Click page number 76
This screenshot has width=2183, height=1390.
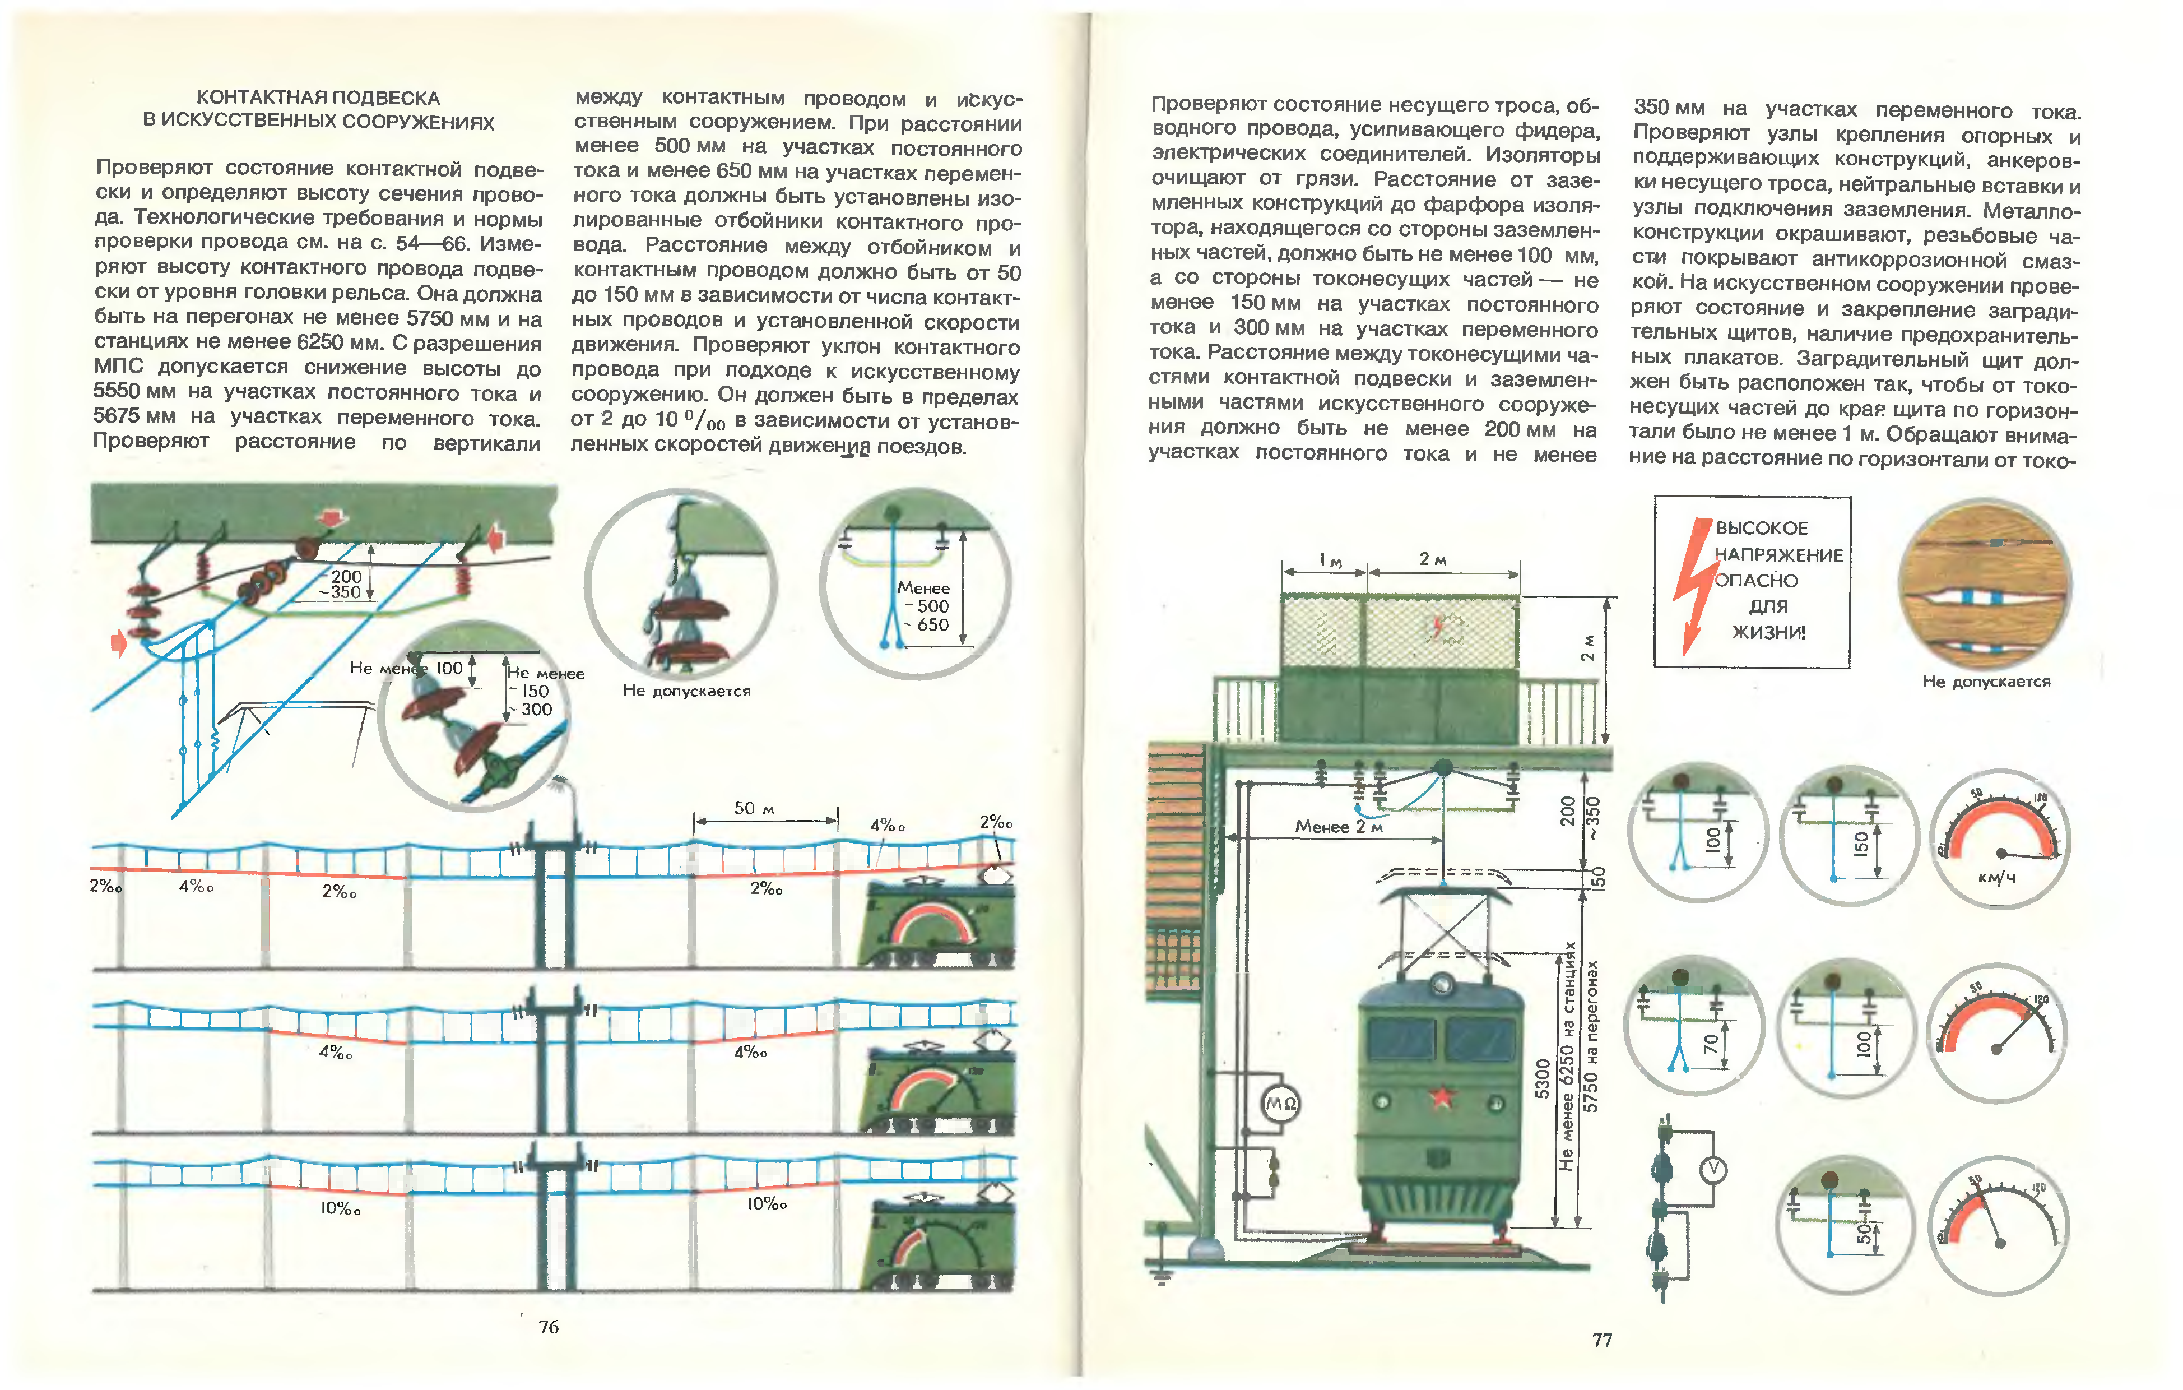tap(549, 1327)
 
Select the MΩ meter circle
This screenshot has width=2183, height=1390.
tap(1280, 1104)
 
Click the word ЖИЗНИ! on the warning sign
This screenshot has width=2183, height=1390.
tap(1769, 632)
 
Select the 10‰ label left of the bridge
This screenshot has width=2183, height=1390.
tap(340, 1208)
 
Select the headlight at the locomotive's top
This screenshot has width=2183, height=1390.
tap(1442, 983)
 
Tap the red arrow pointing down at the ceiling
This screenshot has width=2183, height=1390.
tap(335, 518)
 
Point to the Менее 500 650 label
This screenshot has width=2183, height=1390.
tap(924, 606)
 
